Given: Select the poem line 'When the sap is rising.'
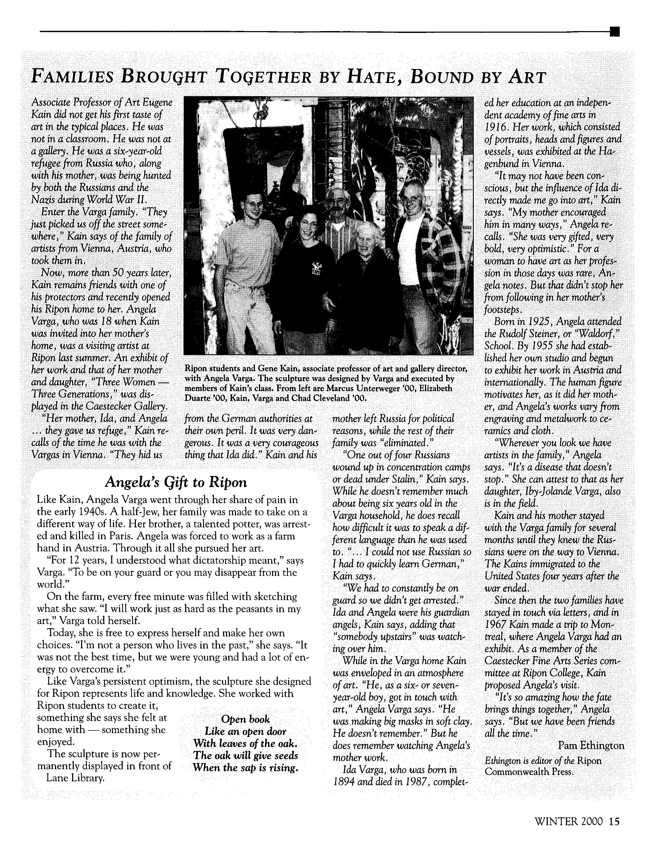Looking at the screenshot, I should tap(245, 768).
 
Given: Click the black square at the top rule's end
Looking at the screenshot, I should tap(615, 32).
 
